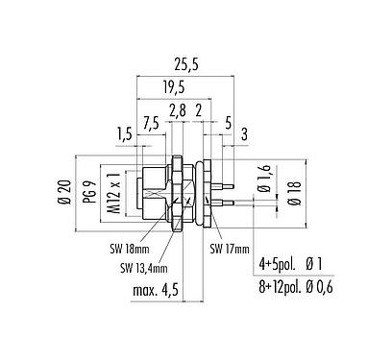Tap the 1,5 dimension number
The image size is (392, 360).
tap(123, 133)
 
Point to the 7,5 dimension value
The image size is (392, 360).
tap(151, 122)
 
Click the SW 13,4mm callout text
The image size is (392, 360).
tap(144, 266)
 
